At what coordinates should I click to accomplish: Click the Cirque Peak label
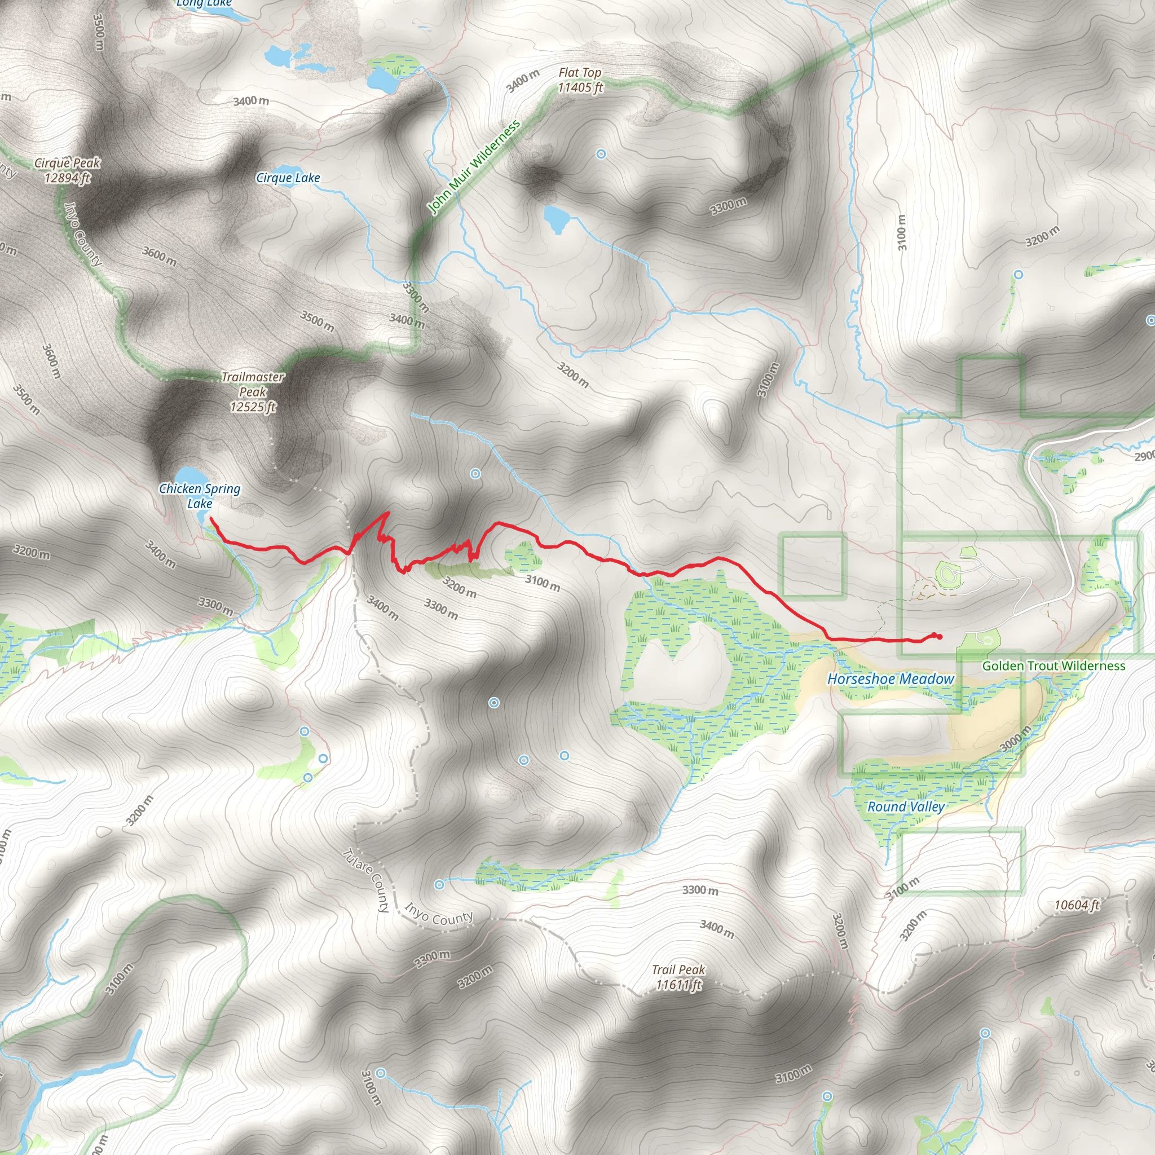click(x=67, y=170)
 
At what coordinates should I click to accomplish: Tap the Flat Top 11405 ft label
click(x=580, y=80)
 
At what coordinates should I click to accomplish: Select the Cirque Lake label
click(x=288, y=178)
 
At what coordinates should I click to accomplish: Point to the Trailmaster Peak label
click(x=253, y=392)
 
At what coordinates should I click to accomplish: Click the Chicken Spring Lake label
click(x=200, y=496)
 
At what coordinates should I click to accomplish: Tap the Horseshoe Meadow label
click(x=890, y=679)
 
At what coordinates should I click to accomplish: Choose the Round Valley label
click(x=906, y=807)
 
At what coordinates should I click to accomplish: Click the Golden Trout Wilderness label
click(x=1053, y=666)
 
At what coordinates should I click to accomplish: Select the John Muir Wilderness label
click(x=474, y=167)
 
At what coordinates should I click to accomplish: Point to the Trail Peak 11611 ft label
click(x=678, y=977)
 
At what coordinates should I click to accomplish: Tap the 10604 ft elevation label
click(x=1076, y=905)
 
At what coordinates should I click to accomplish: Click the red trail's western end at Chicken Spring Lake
click(x=211, y=519)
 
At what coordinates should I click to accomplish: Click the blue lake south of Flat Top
click(x=556, y=219)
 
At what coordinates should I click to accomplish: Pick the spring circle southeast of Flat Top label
click(x=601, y=154)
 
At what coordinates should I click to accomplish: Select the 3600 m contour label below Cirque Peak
click(x=160, y=256)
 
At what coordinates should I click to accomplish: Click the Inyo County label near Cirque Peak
click(x=83, y=233)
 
